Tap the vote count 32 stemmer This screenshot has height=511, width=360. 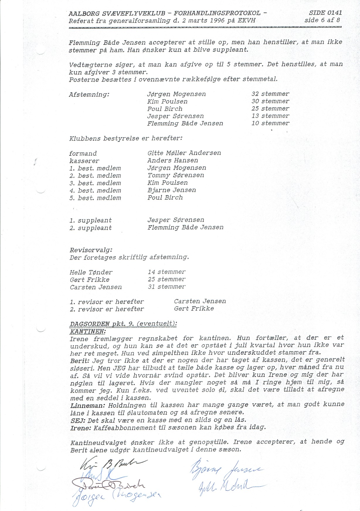click(x=270, y=94)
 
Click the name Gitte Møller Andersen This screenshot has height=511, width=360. click(x=184, y=153)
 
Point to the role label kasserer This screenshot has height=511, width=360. click(x=84, y=161)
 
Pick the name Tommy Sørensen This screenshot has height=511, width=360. click(x=176, y=175)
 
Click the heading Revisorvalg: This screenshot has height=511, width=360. click(x=91, y=250)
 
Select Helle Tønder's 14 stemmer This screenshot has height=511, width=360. click(x=167, y=272)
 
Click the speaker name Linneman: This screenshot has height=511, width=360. click(x=88, y=405)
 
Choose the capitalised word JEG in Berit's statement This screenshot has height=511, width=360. click(x=118, y=367)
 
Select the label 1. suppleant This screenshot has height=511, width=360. click(x=91, y=220)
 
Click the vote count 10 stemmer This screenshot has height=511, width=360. click(x=270, y=123)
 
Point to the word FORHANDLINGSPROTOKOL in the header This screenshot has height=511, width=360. click(x=217, y=13)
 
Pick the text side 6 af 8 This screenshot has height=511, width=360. click(x=322, y=20)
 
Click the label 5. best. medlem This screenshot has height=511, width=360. click(x=95, y=198)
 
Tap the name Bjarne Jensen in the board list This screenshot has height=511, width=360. click(x=171, y=190)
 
